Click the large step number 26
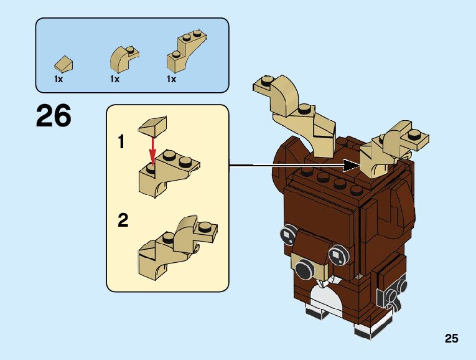pyautogui.click(x=54, y=116)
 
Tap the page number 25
pyautogui.click(x=452, y=339)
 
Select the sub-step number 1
pyautogui.click(x=121, y=143)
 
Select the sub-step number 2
pyautogui.click(x=123, y=220)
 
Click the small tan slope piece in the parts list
pyautogui.click(x=64, y=63)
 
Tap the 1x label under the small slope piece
pyautogui.click(x=58, y=80)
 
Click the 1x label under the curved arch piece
pyautogui.click(x=114, y=80)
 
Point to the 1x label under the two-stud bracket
pyautogui.click(x=171, y=80)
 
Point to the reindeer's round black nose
pyautogui.click(x=305, y=270)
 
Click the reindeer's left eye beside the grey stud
pyautogui.click(x=287, y=234)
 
